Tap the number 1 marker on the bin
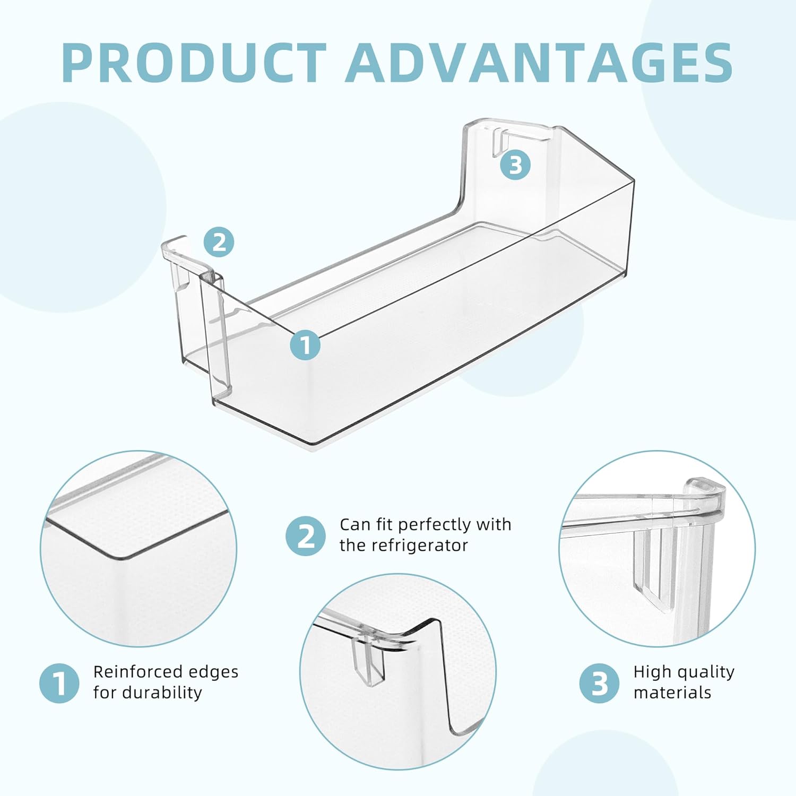[x=305, y=345]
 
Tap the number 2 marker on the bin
[x=219, y=243]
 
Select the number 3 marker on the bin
[x=515, y=165]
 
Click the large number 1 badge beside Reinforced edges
[x=59, y=683]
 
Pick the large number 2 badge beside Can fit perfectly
[x=306, y=536]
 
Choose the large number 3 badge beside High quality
[x=599, y=683]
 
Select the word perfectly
[x=435, y=525]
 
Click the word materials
[x=672, y=693]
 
